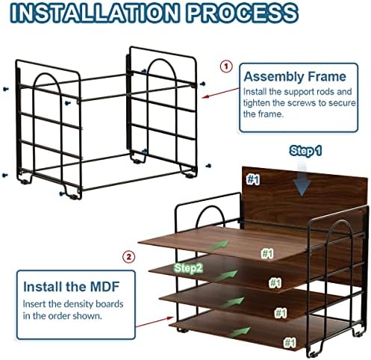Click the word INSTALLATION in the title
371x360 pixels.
[94, 13]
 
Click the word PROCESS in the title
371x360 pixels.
[243, 13]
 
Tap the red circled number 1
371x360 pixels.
[226, 66]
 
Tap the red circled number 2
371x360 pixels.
[128, 257]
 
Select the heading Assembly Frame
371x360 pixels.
[295, 76]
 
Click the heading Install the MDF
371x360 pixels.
[72, 287]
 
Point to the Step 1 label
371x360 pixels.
[305, 151]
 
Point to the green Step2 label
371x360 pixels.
[189, 268]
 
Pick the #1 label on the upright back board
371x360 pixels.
[253, 179]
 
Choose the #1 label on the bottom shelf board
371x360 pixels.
[290, 342]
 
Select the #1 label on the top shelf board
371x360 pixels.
[267, 254]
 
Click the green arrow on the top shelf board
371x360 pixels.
[218, 246]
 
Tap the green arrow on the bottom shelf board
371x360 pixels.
[240, 332]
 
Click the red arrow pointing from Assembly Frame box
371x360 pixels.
[220, 93]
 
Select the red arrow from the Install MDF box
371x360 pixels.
[155, 322]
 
